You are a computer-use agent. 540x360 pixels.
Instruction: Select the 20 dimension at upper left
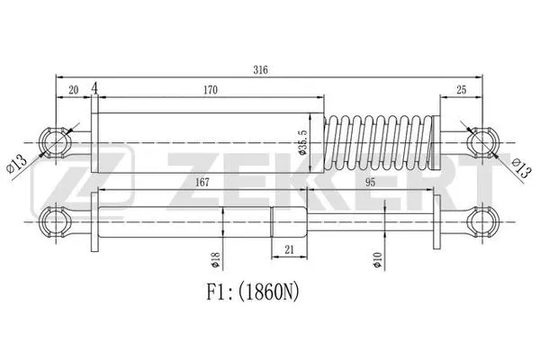pos(72,91)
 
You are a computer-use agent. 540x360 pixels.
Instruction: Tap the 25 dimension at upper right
pos(462,91)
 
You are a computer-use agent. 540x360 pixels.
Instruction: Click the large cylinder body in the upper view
pos(202,141)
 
